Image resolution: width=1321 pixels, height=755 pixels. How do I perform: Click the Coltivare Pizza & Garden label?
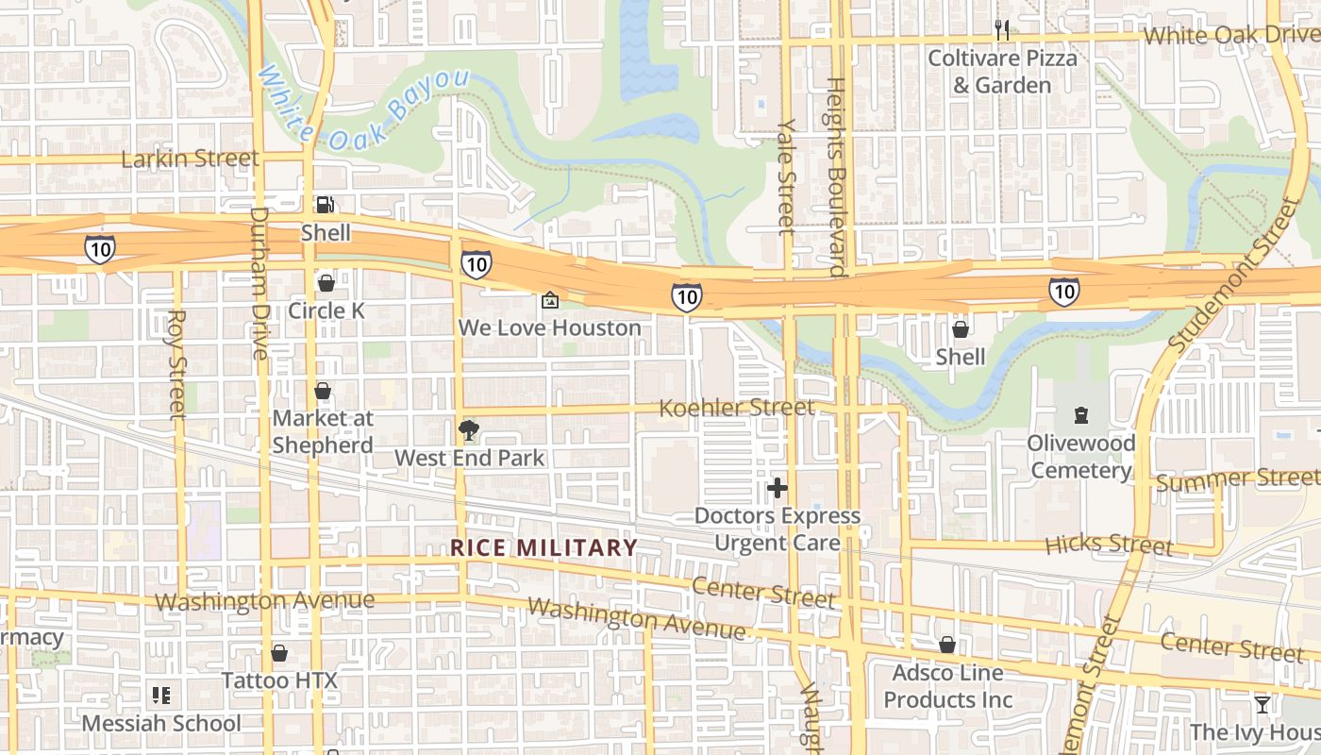click(1001, 72)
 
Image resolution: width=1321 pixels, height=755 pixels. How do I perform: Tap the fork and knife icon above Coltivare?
click(1002, 30)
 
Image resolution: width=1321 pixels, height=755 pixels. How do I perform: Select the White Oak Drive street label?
click(1231, 35)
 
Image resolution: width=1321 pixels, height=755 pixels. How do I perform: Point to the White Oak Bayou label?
click(362, 106)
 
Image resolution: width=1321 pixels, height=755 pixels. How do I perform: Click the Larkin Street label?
click(190, 159)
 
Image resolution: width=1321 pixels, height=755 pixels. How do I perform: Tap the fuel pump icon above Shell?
click(325, 204)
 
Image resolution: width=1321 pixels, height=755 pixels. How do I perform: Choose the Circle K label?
click(326, 310)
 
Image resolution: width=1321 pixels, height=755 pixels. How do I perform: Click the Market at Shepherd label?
click(323, 431)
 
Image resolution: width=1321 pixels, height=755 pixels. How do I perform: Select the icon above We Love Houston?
click(549, 301)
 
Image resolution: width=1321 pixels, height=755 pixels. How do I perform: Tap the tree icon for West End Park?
click(468, 430)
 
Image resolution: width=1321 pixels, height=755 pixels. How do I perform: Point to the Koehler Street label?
click(736, 408)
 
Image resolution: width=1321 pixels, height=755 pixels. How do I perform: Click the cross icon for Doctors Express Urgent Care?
click(778, 488)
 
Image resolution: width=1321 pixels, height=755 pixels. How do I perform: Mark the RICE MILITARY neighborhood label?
click(543, 547)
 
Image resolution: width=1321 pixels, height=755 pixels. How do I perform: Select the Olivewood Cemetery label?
click(1079, 457)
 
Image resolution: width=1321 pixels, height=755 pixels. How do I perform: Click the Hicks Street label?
click(1109, 545)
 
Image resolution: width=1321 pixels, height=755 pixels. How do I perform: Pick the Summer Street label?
click(1237, 480)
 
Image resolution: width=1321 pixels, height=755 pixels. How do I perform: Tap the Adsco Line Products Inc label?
click(947, 686)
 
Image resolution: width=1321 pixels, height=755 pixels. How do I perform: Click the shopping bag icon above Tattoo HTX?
click(279, 653)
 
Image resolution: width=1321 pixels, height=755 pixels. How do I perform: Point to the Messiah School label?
click(161, 724)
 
